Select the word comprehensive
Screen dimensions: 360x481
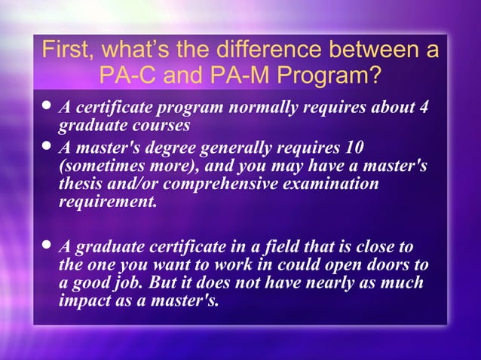coord(221,184)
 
